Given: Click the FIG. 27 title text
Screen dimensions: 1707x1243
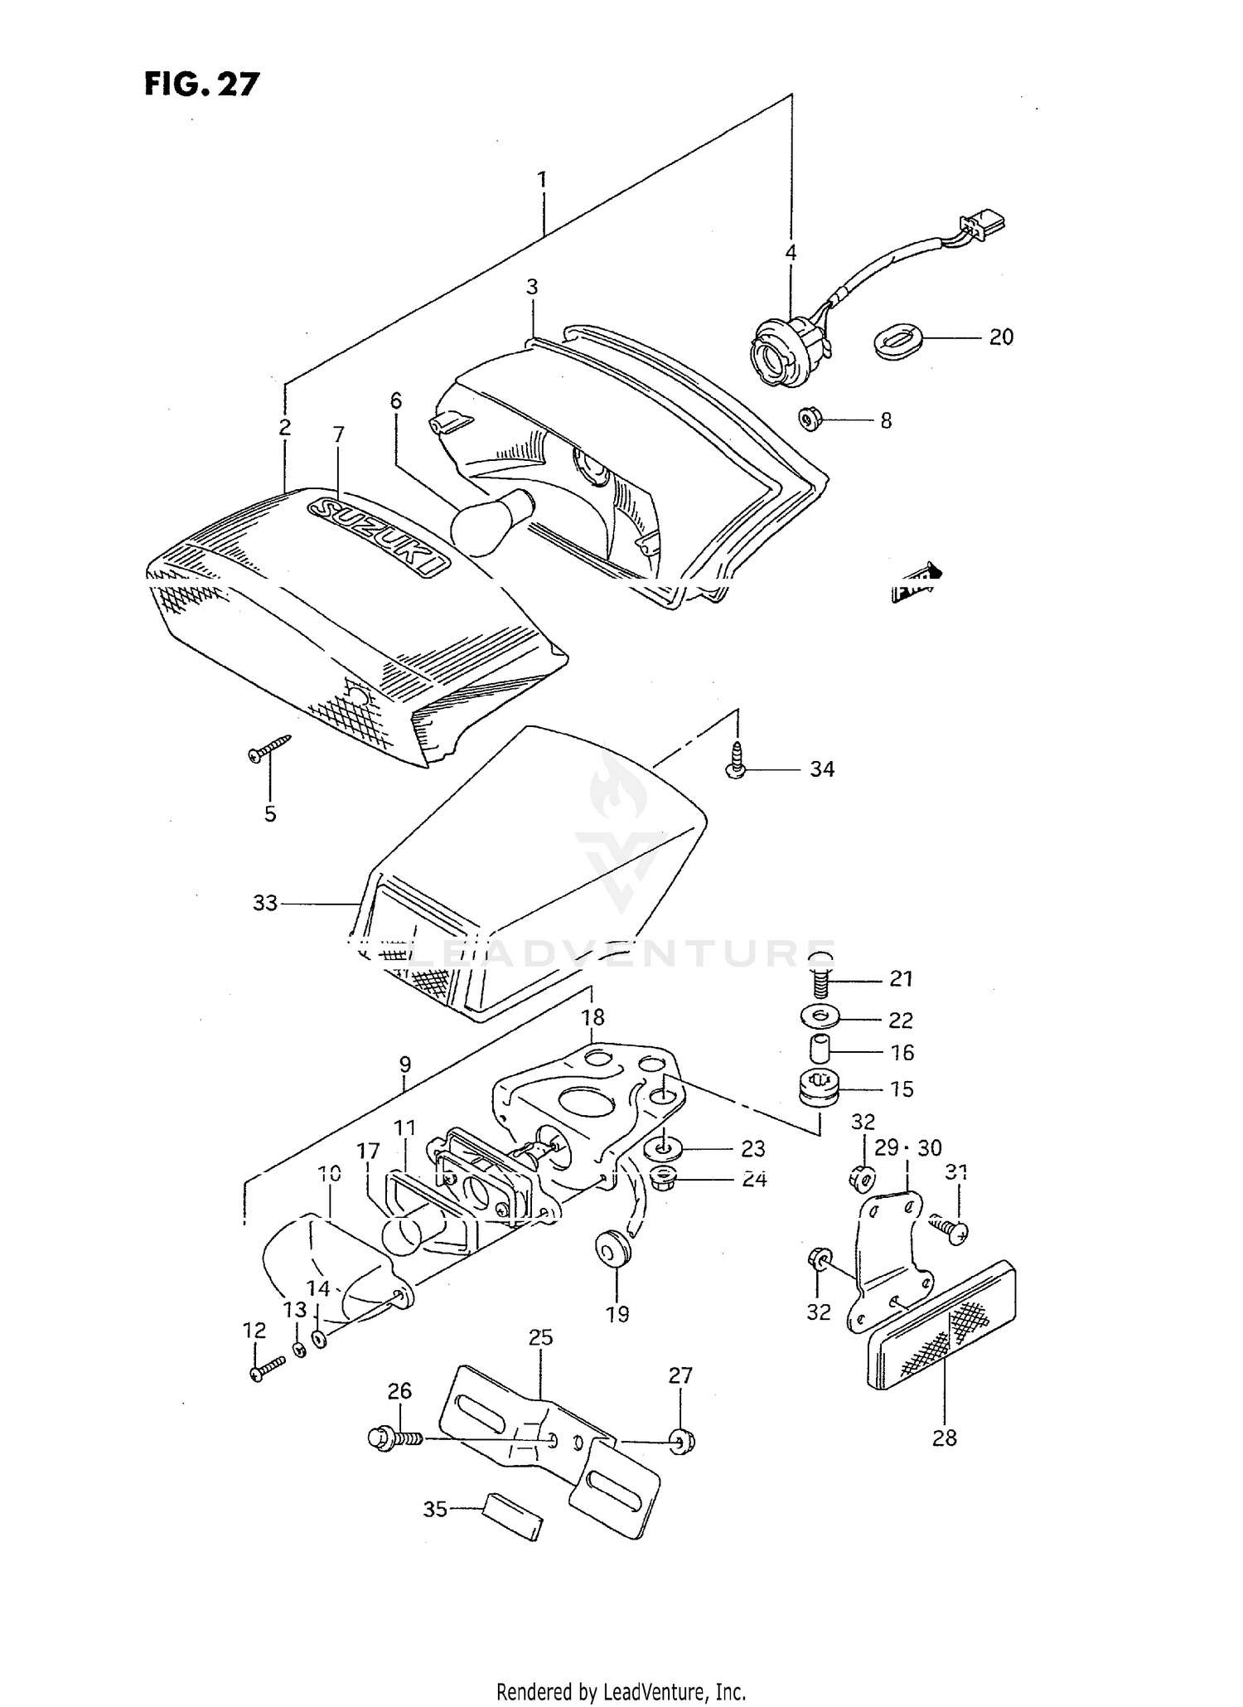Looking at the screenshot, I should coord(201,84).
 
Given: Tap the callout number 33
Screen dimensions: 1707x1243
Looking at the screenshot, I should coord(264,903).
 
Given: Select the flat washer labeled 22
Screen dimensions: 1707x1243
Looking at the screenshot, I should coord(820,1016).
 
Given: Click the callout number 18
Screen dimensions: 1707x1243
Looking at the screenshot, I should coord(593,1016).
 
